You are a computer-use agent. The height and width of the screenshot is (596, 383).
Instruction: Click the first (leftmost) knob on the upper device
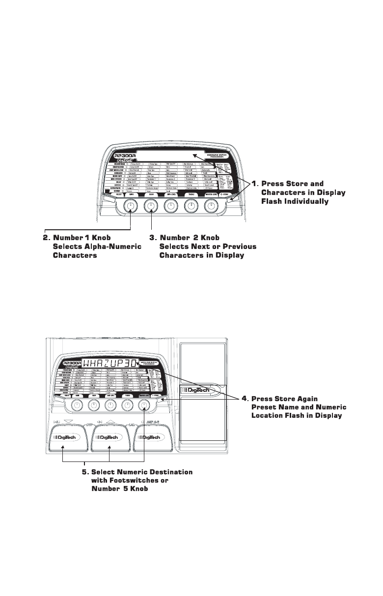(x=130, y=208)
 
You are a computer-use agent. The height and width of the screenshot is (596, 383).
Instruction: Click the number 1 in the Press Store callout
(x=254, y=184)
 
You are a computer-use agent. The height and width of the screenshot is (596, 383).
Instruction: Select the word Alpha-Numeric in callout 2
(x=112, y=246)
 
